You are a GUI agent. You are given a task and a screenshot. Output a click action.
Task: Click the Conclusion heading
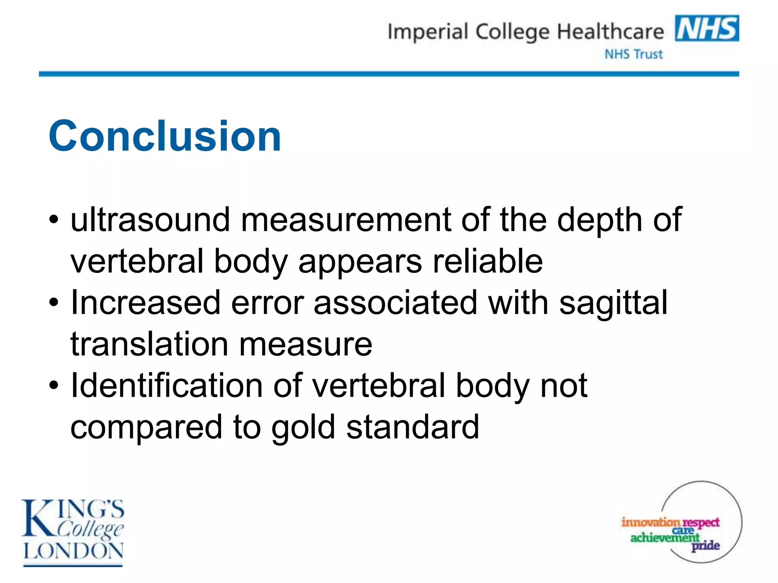pyautogui.click(x=165, y=136)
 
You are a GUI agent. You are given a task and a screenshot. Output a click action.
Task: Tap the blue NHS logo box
pyautogui.click(x=707, y=28)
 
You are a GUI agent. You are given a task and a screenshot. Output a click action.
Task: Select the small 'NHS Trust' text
pyautogui.click(x=634, y=54)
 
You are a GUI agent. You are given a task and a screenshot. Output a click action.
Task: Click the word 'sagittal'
pyautogui.click(x=613, y=303)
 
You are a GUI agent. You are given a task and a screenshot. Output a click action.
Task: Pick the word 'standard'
pyautogui.click(x=413, y=427)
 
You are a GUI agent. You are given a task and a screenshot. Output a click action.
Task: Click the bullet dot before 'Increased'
pyautogui.click(x=54, y=303)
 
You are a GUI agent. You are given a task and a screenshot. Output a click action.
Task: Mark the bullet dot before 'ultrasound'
pyautogui.click(x=54, y=219)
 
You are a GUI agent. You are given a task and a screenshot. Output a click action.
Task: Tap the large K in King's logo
pyautogui.click(x=38, y=518)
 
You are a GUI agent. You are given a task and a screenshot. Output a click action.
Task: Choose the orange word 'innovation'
pyautogui.click(x=650, y=522)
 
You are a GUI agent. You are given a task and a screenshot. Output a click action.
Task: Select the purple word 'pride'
pyautogui.click(x=705, y=546)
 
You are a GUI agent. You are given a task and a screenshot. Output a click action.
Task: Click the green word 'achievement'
pyautogui.click(x=665, y=537)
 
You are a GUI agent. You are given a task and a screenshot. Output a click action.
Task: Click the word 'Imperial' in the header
pyautogui.click(x=427, y=32)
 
